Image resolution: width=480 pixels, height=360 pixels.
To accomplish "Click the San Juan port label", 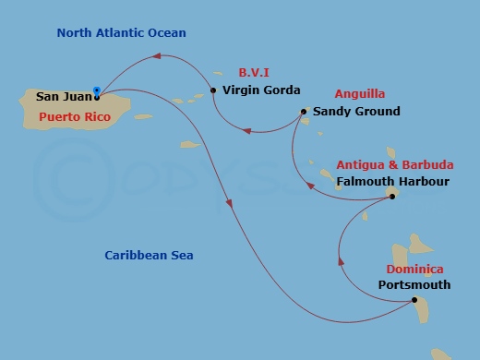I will [64, 96].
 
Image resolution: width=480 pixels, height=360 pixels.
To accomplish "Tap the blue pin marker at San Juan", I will [96, 90].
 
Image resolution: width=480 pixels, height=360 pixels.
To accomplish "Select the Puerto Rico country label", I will [75, 117].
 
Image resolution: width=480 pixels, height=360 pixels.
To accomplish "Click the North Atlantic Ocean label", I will [122, 33].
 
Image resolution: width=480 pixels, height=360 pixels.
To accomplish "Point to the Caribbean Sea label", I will [149, 255].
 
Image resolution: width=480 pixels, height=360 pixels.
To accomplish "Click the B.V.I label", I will [254, 71].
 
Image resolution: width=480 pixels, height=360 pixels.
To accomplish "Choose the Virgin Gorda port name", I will [262, 90].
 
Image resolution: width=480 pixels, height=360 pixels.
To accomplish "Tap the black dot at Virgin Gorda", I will [213, 90].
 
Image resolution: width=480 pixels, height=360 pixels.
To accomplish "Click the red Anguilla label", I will [361, 93].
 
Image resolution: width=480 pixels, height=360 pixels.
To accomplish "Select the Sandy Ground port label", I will [356, 112].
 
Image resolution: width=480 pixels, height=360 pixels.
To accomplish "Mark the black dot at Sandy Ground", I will [303, 113].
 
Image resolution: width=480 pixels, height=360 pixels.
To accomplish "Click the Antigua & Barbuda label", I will [395, 164].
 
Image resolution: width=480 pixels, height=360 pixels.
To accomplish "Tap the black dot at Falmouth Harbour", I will [391, 196].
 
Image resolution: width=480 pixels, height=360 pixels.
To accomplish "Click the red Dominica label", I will [408, 270].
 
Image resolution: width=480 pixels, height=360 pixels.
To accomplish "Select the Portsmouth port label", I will [414, 285].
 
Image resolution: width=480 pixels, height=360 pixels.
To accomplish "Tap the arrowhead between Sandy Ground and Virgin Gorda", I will [244, 130].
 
